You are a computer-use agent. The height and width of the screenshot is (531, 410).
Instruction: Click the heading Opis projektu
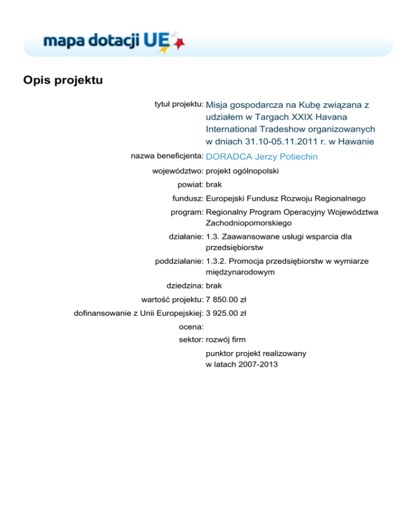[x=63, y=81]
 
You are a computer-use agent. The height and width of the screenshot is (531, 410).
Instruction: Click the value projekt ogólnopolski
[x=242, y=171]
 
